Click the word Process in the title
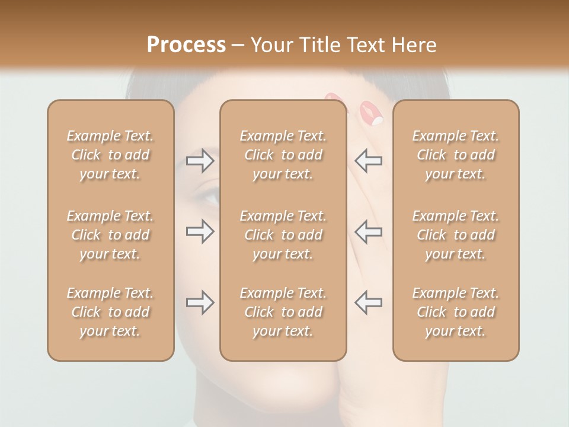click(x=186, y=45)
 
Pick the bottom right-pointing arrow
click(x=200, y=302)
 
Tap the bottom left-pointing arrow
click(x=369, y=302)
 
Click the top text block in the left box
click(x=110, y=155)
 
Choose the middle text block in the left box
click(x=110, y=235)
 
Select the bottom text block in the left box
click(x=110, y=312)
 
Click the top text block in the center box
click(x=283, y=155)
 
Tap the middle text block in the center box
click(x=283, y=235)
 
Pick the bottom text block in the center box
click(x=283, y=312)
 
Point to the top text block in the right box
click(x=456, y=155)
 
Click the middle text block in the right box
click(x=456, y=235)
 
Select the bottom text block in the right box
click(x=456, y=312)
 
